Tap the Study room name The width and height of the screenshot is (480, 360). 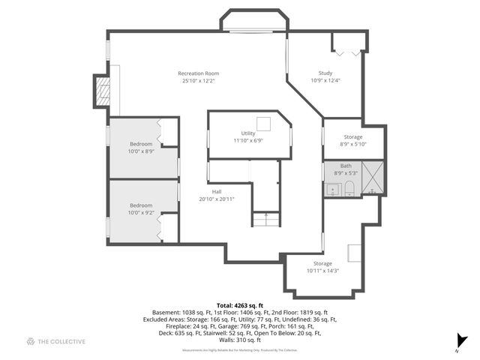(x=325, y=73)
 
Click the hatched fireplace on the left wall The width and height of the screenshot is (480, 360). (x=103, y=91)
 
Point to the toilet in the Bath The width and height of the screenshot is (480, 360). (x=349, y=188)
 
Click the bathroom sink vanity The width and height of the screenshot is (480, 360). (x=331, y=190)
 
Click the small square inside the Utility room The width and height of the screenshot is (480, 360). (x=263, y=124)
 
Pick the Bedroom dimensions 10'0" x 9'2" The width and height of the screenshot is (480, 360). (x=141, y=213)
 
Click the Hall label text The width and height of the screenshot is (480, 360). (x=216, y=192)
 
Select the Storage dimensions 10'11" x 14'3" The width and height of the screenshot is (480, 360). (x=322, y=271)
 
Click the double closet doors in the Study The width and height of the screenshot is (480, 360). (x=346, y=53)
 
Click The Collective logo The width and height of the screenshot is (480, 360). (x=56, y=341)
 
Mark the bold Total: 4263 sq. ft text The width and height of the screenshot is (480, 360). (x=240, y=305)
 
